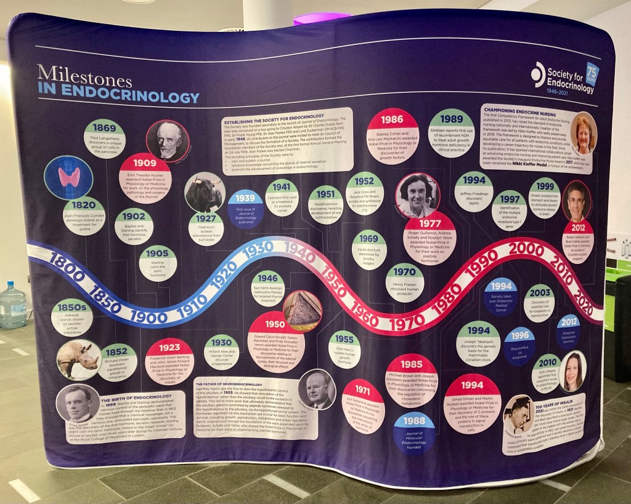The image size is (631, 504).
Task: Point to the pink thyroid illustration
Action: tap(68, 177)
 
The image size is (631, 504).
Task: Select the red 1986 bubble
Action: tap(393, 135)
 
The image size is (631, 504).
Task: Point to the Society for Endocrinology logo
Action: tap(564, 78)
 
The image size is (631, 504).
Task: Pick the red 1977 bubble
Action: tap(429, 238)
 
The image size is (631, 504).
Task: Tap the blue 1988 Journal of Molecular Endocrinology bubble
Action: tap(414, 432)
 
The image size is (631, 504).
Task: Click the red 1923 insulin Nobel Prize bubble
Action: tap(169, 361)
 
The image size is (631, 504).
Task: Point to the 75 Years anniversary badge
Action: tap(592, 73)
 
